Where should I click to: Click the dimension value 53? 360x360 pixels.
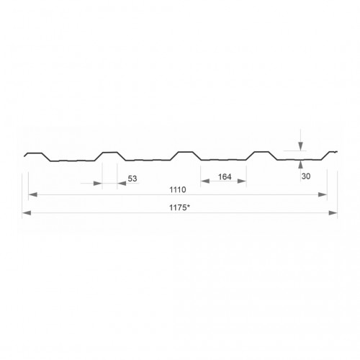132,179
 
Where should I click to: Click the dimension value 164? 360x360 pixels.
225,177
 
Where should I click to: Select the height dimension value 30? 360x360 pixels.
306,176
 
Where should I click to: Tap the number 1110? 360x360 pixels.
178,189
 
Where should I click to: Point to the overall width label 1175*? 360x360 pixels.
179,207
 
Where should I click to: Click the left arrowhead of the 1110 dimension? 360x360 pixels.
32,194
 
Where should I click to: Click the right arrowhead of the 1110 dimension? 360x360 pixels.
323,194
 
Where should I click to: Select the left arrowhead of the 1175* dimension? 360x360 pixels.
27,213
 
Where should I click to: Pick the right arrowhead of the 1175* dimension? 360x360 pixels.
333,213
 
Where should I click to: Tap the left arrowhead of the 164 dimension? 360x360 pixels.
205,181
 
